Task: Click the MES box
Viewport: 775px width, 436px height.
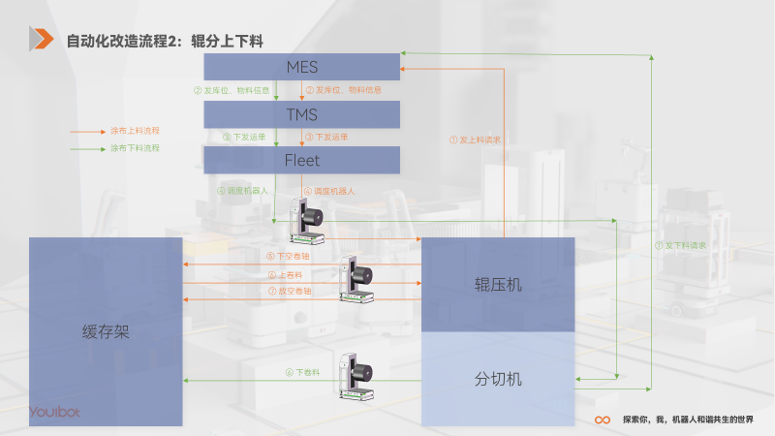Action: (301, 67)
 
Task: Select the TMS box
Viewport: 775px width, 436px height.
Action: (301, 114)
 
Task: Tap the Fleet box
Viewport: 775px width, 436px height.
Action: (301, 160)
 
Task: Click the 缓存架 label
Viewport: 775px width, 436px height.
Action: (106, 332)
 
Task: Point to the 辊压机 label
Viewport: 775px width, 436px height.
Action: (498, 285)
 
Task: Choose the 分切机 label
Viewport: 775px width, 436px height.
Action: (498, 379)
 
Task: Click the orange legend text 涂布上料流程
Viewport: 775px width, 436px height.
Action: (135, 130)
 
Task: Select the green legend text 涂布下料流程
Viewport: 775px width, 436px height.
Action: (135, 148)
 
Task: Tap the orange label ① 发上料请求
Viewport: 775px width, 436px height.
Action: (475, 140)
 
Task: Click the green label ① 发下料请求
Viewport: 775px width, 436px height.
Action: (681, 245)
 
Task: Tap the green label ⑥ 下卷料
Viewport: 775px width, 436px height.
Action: (302, 372)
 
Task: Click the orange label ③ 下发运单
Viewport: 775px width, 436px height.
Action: (325, 137)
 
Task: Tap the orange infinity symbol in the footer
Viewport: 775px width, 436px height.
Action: (602, 420)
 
